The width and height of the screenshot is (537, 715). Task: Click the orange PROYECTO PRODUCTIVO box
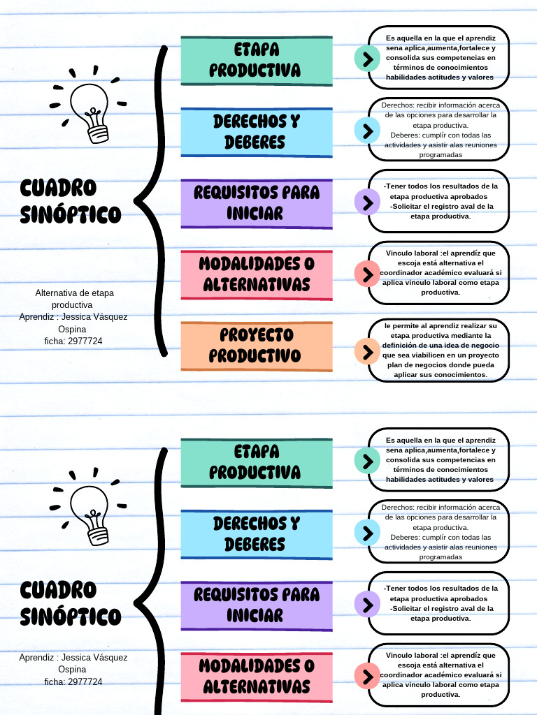click(256, 345)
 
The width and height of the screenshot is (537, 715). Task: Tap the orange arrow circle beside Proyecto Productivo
click(366, 351)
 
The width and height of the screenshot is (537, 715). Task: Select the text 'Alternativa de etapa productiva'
click(73, 299)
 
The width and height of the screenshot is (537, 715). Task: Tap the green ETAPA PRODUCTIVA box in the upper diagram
click(256, 59)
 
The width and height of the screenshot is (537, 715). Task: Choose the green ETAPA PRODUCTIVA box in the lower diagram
click(256, 462)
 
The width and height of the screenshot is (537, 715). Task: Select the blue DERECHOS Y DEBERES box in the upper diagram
click(256, 131)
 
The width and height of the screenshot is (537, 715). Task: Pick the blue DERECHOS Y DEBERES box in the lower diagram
click(256, 533)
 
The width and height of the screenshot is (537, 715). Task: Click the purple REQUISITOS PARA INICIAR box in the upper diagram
click(256, 202)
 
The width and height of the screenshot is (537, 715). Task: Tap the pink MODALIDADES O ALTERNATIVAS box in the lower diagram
click(256, 676)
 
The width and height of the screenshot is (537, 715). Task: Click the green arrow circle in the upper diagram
click(366, 58)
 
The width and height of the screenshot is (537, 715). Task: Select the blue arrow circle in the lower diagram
click(366, 533)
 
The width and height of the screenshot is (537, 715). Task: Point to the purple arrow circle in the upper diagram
click(366, 202)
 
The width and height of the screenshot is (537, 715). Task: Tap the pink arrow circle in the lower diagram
click(366, 676)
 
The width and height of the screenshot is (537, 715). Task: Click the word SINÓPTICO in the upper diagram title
click(71, 214)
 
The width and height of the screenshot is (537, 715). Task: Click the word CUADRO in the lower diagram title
click(58, 590)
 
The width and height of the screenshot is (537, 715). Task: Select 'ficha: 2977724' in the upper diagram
click(73, 341)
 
